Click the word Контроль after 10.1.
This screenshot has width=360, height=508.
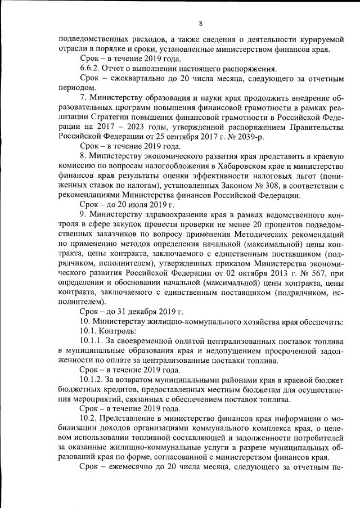pos(116,332)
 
